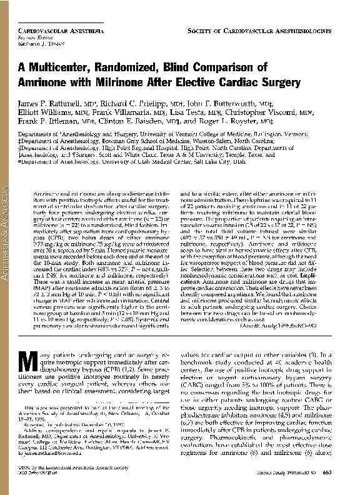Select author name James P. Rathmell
pyautogui.click(x=50, y=103)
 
